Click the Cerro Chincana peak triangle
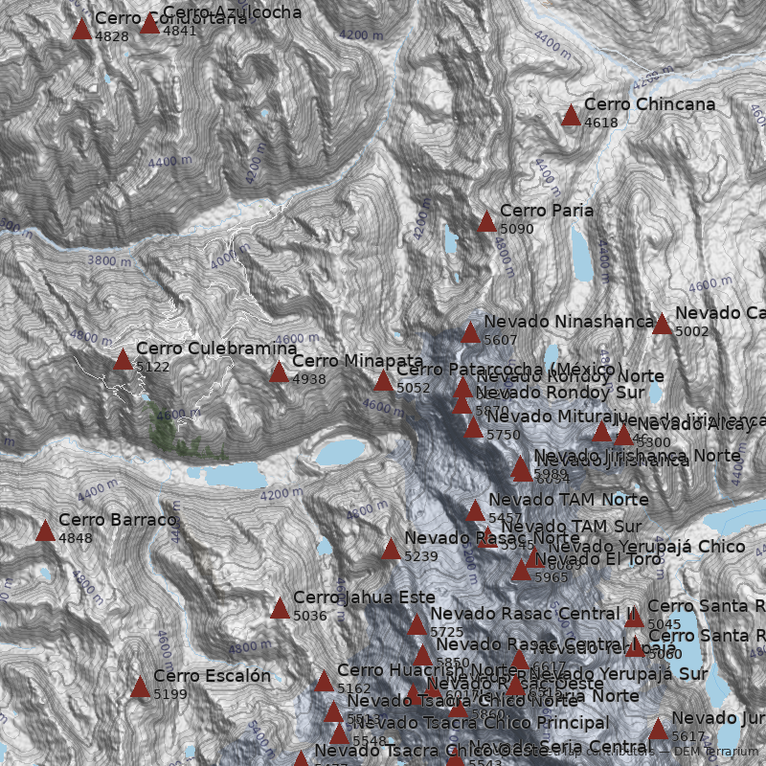tap(572, 116)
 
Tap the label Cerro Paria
tap(547, 211)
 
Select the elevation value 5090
tap(517, 229)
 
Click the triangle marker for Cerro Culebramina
tap(123, 360)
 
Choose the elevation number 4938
tap(309, 379)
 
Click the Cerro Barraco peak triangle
tap(45, 531)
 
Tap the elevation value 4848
tap(76, 538)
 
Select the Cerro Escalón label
tap(212, 677)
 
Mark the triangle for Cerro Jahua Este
tap(280, 609)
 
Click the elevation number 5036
tap(310, 616)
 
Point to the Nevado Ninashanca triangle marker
tap(470, 333)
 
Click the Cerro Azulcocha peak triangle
tap(149, 24)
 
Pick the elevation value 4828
tap(112, 36)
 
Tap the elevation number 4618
tap(601, 123)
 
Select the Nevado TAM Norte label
tap(568, 500)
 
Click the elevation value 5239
tap(421, 556)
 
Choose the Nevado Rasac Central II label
tap(533, 614)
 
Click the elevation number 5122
tap(153, 367)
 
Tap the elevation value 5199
tap(170, 694)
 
